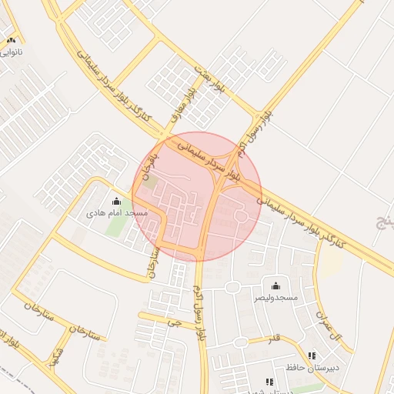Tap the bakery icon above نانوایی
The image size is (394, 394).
pyautogui.click(x=11, y=40)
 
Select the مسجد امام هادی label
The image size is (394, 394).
pyautogui.click(x=116, y=212)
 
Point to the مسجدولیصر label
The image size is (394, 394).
pyautogui.click(x=275, y=297)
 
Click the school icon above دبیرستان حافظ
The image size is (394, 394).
pyautogui.click(x=312, y=356)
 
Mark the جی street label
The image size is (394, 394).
pyautogui.click(x=177, y=323)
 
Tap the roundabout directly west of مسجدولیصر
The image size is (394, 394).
pyautogui.click(x=232, y=288)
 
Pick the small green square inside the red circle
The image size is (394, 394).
pyautogui.click(x=151, y=182)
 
